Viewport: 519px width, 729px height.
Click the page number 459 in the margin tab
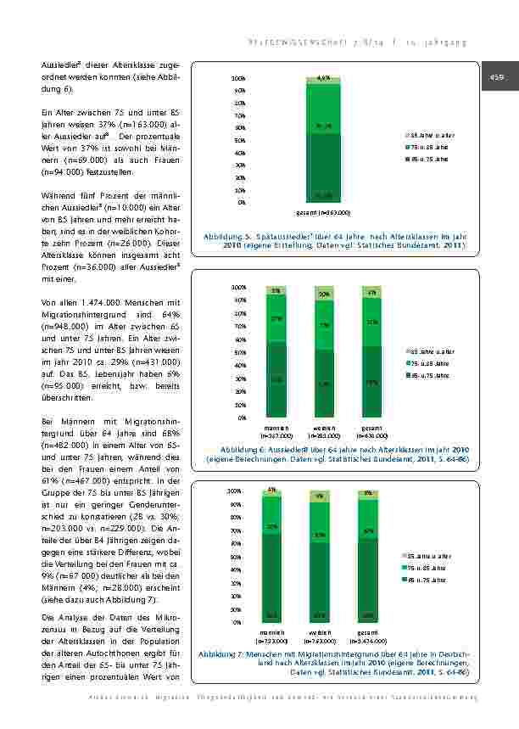pos(494,78)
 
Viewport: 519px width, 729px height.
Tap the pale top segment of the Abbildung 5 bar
pos(323,81)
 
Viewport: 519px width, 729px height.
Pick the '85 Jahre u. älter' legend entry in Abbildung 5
pos(432,135)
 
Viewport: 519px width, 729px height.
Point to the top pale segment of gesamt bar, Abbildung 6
pos(371,293)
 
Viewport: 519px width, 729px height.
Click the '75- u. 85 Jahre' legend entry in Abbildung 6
pos(432,362)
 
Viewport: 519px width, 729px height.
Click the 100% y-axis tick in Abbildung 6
pos(239,288)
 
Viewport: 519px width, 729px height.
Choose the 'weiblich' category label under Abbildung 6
pos(324,427)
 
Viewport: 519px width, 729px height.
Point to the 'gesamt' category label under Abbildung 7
pos(367,631)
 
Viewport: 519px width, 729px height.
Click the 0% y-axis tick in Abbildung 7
pos(237,622)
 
